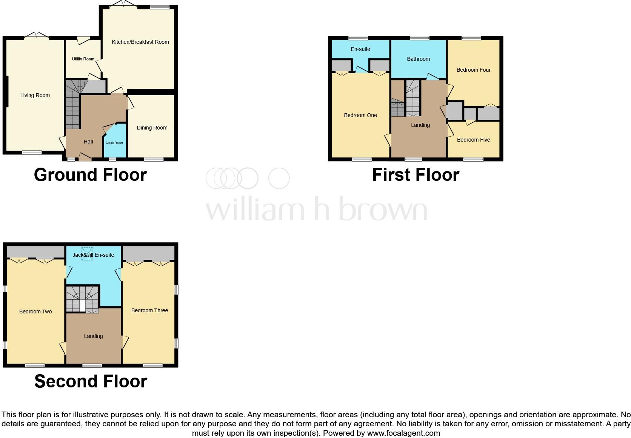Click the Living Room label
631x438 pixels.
35,96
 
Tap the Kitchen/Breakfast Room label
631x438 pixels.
140,42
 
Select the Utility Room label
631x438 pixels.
83,59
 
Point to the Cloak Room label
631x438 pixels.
114,143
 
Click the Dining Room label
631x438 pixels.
152,128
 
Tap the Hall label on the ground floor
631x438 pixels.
88,142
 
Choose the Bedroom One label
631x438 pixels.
360,116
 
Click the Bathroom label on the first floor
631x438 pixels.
418,59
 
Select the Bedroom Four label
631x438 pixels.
473,70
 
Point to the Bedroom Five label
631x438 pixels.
473,140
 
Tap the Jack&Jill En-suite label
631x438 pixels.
93,255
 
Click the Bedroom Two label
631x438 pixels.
35,312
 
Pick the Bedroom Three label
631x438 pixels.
149,311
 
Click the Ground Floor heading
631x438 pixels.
90,175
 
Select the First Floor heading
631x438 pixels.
416,175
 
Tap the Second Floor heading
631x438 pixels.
91,381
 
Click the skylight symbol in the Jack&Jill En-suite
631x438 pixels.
87,254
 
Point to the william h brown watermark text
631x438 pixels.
316,209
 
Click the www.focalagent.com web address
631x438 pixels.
403,433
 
